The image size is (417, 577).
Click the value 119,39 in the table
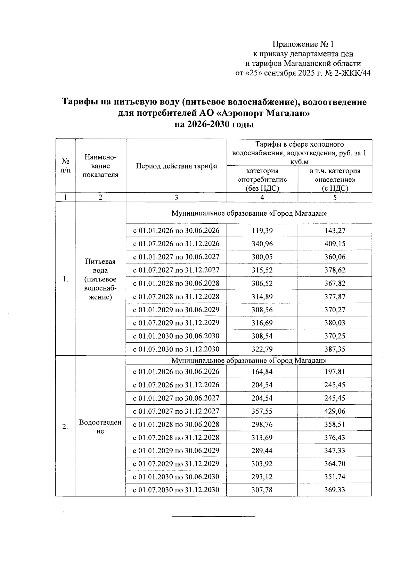[x=262, y=231]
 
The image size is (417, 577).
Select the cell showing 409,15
[x=335, y=244]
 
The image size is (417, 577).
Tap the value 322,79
[x=262, y=349]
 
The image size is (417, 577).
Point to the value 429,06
[x=335, y=411]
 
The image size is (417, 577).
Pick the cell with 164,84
[x=262, y=372]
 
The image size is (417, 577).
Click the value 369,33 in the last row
[x=335, y=490]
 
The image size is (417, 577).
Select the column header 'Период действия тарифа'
[x=176, y=166]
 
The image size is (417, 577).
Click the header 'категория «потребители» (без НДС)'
[x=262, y=180]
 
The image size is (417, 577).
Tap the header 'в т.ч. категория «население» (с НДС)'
[x=335, y=180]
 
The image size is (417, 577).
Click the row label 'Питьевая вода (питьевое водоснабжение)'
[x=100, y=279]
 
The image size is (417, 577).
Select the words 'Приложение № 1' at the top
[x=303, y=44]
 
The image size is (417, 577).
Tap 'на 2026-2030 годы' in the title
[x=214, y=124]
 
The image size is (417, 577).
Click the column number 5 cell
[x=335, y=198]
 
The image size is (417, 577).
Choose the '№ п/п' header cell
[x=65, y=166]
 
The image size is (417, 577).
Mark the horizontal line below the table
[x=214, y=517]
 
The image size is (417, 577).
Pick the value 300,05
[x=262, y=257]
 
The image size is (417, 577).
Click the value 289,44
[x=262, y=451]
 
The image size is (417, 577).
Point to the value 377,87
[x=335, y=297]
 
